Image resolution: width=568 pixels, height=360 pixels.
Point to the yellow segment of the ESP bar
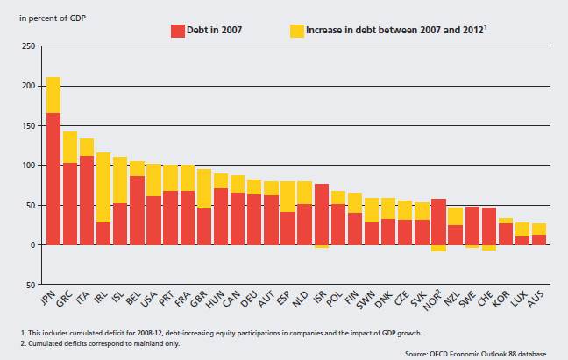point(288,196)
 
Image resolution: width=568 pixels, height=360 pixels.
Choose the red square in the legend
point(178,30)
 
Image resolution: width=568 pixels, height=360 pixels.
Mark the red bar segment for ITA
point(87,201)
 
